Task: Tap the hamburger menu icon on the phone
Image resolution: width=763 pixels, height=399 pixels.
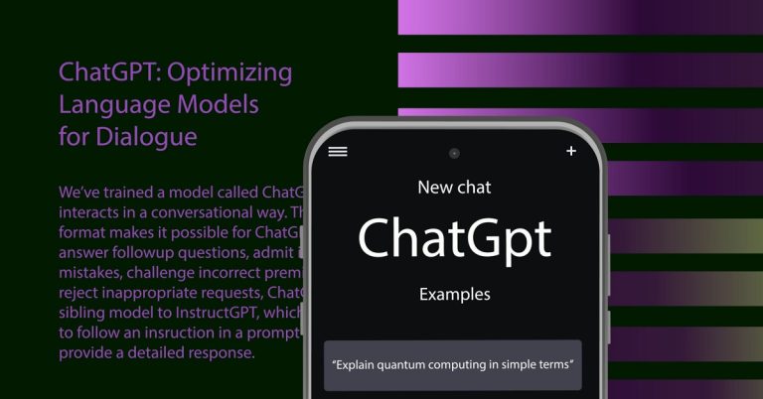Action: [338, 151]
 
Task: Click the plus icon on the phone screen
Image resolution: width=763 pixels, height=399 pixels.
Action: [570, 151]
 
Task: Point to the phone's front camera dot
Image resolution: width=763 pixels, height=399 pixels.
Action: [454, 154]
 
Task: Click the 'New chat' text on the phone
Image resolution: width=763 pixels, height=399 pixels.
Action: [454, 187]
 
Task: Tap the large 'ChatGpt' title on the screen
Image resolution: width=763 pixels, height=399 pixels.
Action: [454, 239]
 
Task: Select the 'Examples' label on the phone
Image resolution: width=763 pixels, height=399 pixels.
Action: [454, 294]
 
